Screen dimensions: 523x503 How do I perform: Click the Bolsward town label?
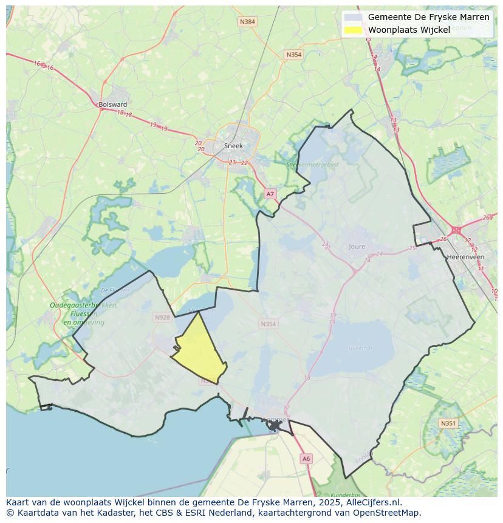[x=113, y=104]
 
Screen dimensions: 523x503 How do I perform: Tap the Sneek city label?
[x=233, y=146]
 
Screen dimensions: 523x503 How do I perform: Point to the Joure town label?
[x=357, y=247]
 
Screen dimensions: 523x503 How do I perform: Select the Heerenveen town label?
[x=465, y=257]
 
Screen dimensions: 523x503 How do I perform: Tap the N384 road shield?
[x=247, y=22]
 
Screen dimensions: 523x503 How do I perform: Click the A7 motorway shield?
[x=270, y=194]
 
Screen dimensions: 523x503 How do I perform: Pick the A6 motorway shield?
[x=306, y=459]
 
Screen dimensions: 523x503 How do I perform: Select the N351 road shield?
[x=448, y=423]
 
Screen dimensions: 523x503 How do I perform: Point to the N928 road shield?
[x=162, y=318]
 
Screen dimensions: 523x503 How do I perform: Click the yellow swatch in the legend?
[x=353, y=30]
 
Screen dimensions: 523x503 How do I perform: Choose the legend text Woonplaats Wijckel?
[x=409, y=30]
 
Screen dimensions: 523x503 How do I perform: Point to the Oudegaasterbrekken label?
[x=83, y=306]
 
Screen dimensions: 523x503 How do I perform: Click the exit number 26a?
[x=487, y=217]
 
